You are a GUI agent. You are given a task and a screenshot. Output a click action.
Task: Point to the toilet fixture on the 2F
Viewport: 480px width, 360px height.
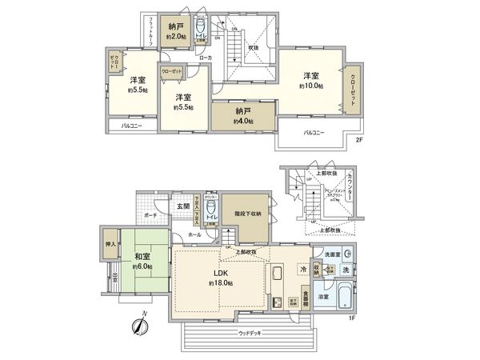tap(202, 27)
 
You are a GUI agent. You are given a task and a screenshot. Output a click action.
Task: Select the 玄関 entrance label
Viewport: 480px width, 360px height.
tap(184, 206)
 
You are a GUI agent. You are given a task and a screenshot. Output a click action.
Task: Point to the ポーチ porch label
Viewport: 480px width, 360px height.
tap(150, 215)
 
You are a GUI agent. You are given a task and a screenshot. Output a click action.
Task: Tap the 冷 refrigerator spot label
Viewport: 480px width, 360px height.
tap(305, 270)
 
